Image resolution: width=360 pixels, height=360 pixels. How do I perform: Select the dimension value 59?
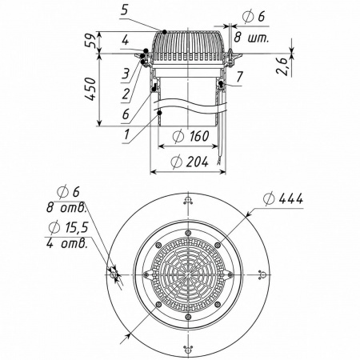click(x=90, y=40)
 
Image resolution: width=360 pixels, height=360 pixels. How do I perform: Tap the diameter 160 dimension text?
click(x=191, y=136)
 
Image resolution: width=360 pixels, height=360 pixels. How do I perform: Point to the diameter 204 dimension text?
click(x=190, y=162)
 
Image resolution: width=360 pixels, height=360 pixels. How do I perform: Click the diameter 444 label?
click(x=283, y=198)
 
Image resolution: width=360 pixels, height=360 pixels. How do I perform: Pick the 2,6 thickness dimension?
click(x=283, y=66)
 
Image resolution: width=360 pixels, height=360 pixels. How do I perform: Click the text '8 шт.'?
click(x=251, y=38)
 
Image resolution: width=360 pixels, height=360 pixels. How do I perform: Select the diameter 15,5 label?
click(x=69, y=227)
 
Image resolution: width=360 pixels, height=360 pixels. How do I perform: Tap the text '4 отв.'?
click(x=66, y=243)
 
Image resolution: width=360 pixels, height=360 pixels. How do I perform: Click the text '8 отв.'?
click(x=66, y=207)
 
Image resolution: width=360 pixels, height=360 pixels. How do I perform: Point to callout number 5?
click(x=125, y=10)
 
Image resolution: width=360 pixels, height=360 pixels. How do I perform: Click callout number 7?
click(x=240, y=77)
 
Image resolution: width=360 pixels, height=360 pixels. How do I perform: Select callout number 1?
click(x=127, y=134)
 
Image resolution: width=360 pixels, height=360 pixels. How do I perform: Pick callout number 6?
click(x=126, y=114)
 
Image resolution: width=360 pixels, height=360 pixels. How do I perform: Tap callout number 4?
click(x=126, y=41)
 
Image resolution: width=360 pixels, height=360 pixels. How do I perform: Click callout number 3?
click(x=126, y=74)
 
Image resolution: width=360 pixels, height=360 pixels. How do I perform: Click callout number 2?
click(x=126, y=94)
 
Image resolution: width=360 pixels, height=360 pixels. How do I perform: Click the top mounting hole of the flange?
click(x=188, y=200)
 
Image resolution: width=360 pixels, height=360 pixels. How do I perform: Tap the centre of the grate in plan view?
click(x=188, y=274)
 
